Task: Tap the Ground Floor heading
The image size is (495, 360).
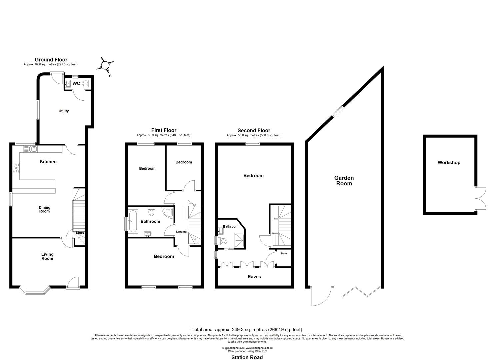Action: [x=51, y=60]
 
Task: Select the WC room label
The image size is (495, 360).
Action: [x=76, y=84]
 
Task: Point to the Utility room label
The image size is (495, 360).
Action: [x=64, y=111]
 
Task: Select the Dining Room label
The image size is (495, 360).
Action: [x=44, y=209]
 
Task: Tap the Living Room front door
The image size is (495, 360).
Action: [x=72, y=283]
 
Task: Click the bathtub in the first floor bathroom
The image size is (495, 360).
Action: [x=133, y=221]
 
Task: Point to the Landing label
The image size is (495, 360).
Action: [x=181, y=232]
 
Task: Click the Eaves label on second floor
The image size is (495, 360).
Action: [x=254, y=277]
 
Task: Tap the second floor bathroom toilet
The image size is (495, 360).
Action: [x=223, y=241]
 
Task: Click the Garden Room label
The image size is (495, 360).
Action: [x=344, y=181]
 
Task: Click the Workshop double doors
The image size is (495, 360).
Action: [x=480, y=199]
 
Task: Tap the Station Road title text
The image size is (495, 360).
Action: [x=247, y=357]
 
